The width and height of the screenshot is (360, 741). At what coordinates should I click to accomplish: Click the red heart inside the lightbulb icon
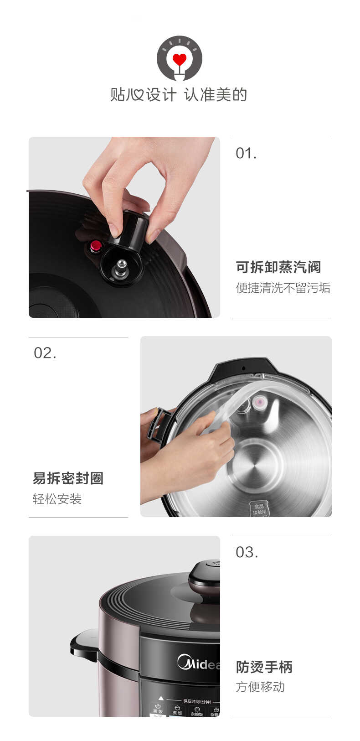(180, 59)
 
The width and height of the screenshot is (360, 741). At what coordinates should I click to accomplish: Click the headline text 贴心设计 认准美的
(179, 95)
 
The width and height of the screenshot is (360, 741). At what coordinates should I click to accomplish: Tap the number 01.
(246, 154)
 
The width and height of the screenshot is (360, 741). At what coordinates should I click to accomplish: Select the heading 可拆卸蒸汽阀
(278, 267)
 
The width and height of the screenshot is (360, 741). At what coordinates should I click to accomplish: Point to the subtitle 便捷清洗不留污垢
(283, 288)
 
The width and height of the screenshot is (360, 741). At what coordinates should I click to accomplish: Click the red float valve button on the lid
(96, 246)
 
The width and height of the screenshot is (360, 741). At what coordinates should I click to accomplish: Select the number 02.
(45, 353)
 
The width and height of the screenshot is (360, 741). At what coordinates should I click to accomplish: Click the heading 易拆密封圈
(68, 478)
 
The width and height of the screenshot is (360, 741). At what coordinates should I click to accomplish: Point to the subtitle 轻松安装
(57, 499)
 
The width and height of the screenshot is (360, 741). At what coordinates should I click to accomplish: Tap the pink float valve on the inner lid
(260, 402)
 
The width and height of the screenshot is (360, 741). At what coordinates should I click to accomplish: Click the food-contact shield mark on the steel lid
(259, 509)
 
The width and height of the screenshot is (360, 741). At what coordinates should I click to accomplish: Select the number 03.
(247, 553)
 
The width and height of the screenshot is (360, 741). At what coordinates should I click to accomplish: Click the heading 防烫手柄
(264, 667)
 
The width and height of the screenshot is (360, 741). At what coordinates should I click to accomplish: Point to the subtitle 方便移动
(260, 687)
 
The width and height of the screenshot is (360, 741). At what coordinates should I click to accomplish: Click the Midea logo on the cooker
(199, 663)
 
